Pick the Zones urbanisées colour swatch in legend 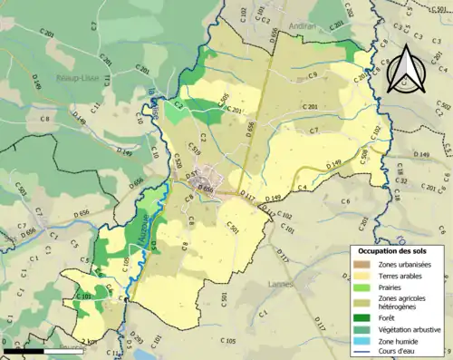[x=361, y=263]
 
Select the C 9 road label [x=312, y=73]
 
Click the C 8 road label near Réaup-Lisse [x=44, y=118]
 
